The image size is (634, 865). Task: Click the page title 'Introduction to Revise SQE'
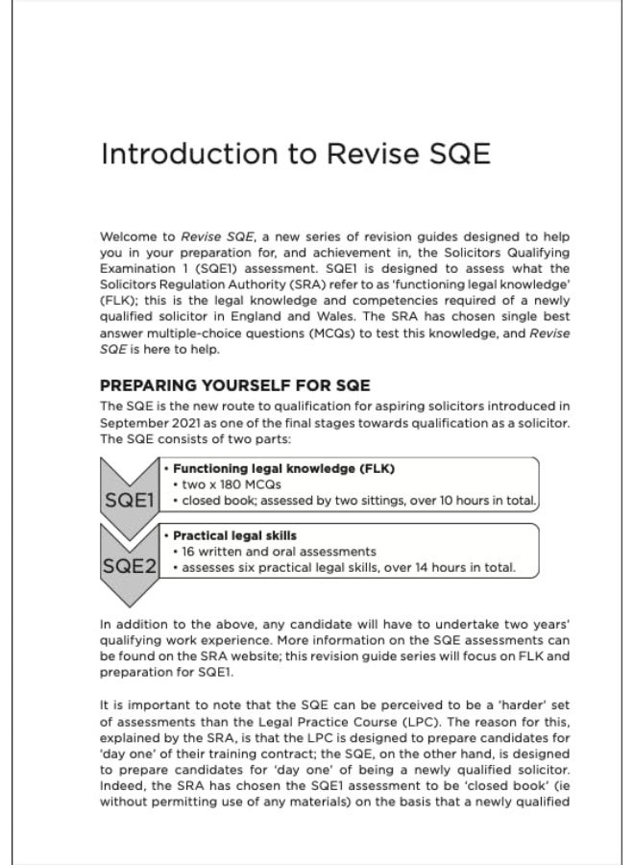coord(296,155)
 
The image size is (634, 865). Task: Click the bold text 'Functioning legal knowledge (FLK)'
coord(284,469)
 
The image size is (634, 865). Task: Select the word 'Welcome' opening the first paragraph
coord(127,235)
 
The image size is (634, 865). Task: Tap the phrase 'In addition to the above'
coord(170,625)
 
